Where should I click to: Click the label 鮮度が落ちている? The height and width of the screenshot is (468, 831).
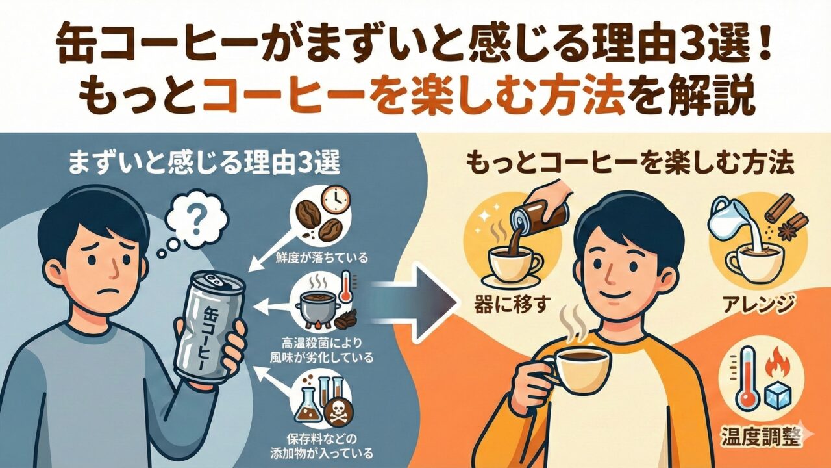pyautogui.click(x=322, y=257)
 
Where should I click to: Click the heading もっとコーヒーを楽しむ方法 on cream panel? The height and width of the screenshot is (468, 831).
pyautogui.click(x=630, y=164)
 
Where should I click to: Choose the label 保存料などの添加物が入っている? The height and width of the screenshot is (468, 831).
pyautogui.click(x=321, y=446)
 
